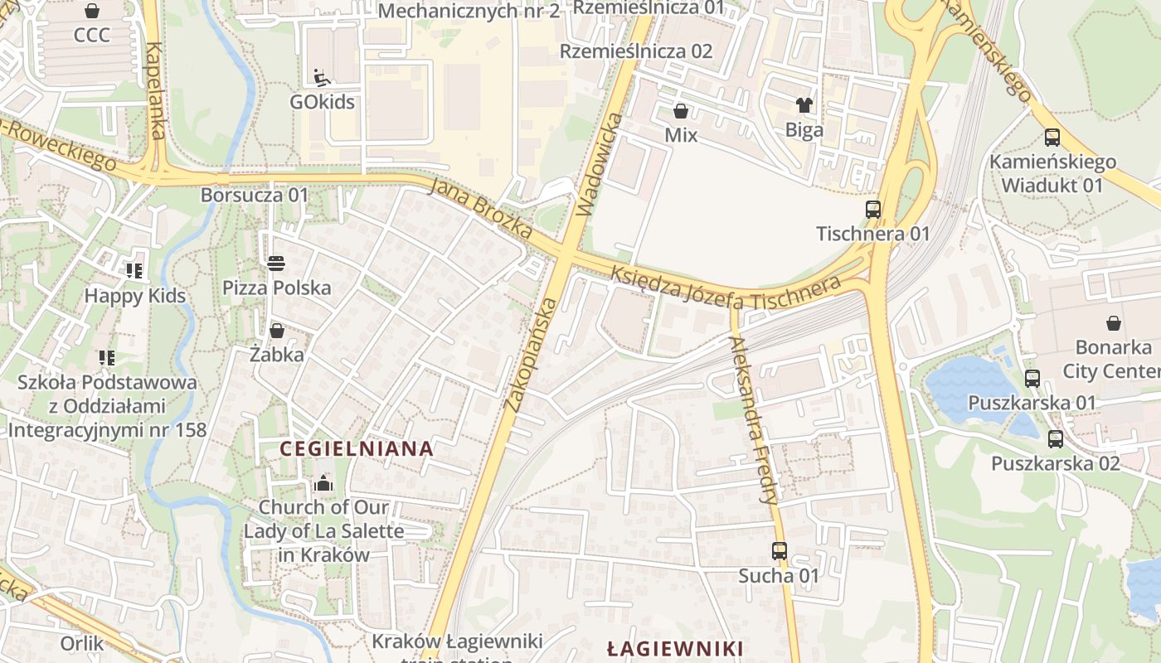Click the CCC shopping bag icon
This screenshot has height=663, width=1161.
pos(92,12)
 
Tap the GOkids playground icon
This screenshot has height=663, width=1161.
pos(322,78)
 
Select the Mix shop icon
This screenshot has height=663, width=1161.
pos(681,111)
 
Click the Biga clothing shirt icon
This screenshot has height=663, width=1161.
pos(804,105)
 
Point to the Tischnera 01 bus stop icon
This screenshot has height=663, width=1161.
pos(873,210)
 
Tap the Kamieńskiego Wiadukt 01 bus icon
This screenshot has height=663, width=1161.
pos(1052,138)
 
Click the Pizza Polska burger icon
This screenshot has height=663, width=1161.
pos(276,264)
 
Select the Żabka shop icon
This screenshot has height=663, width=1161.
pos(277,331)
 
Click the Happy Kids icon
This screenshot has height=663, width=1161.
pos(134,270)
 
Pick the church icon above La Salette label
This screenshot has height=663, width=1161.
pos(323,483)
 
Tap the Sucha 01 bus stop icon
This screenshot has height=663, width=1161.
pos(779,550)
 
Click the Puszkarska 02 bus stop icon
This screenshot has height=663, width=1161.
pos(1055,439)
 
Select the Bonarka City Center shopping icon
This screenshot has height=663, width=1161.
pos(1114,322)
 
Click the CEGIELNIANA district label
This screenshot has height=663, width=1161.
pos(357,449)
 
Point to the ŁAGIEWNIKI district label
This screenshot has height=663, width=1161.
pos(674,648)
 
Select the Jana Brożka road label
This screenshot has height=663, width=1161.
pos(481,208)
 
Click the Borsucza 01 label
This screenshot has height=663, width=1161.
pos(254,196)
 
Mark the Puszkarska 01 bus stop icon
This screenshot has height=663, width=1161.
pos(1032,379)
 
